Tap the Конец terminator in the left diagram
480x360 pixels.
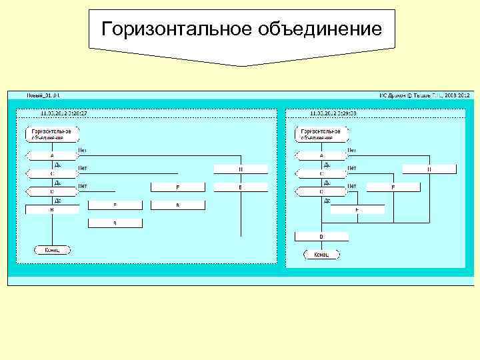point(52,250)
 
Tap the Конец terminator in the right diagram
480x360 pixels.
point(321,254)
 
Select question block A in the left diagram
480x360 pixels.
point(52,155)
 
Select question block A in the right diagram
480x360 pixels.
point(321,155)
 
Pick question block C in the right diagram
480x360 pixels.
point(321,173)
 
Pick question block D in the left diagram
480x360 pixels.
point(52,191)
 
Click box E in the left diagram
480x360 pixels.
point(241,188)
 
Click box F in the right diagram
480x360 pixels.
point(393,188)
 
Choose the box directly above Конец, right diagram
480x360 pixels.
point(321,237)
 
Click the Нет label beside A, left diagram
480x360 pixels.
point(83,150)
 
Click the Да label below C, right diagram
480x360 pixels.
point(327,182)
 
